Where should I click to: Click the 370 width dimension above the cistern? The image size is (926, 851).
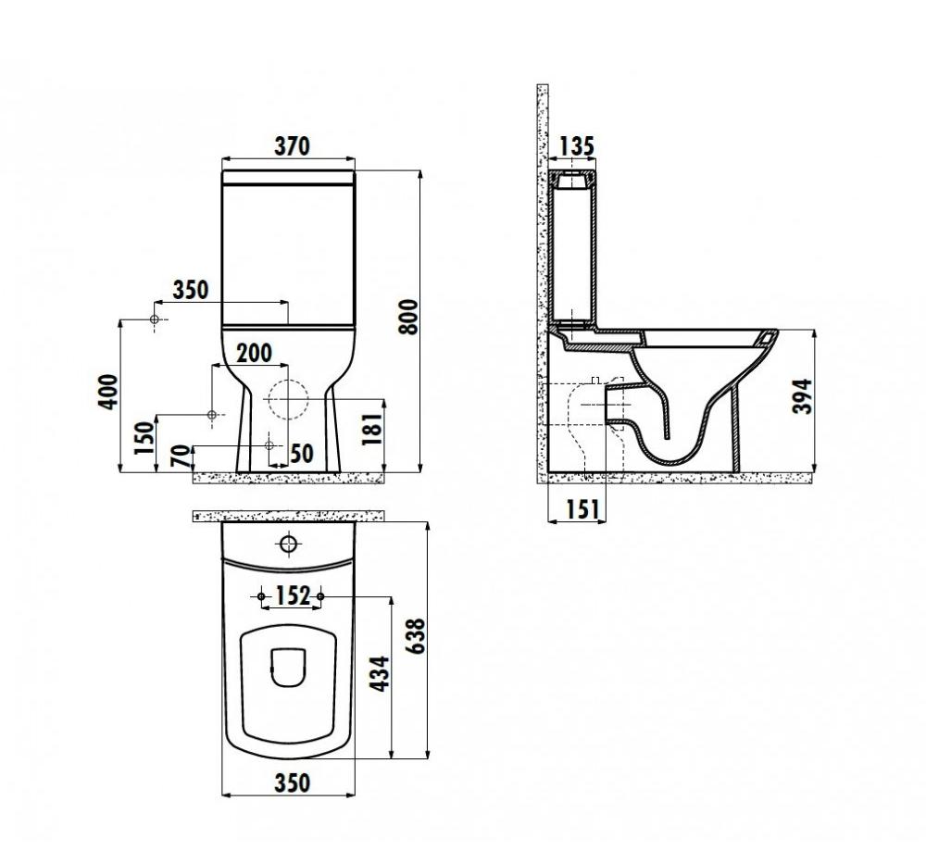[292, 146]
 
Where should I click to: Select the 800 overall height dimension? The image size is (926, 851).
[408, 317]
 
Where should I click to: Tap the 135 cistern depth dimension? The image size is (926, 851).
[576, 146]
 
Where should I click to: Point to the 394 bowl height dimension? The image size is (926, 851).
[803, 396]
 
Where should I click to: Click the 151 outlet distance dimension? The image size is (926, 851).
[582, 509]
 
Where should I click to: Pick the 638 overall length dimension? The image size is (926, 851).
[416, 636]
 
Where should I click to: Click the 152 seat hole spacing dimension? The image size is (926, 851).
[293, 595]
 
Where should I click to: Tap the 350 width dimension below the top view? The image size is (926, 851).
[292, 783]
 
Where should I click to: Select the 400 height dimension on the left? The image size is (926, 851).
[108, 391]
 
